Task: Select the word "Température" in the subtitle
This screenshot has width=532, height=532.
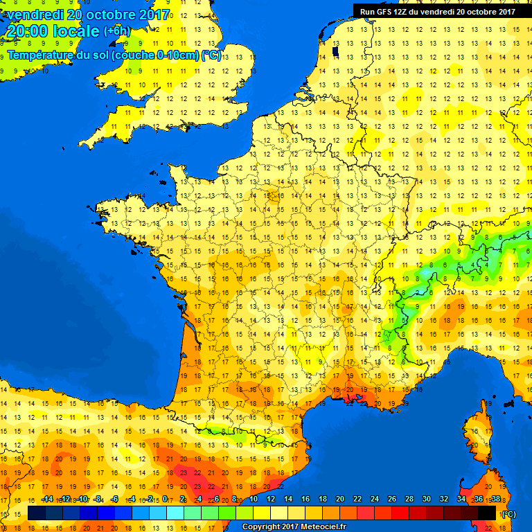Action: pos(40,55)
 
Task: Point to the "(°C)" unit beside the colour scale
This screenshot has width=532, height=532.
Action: pos(508,513)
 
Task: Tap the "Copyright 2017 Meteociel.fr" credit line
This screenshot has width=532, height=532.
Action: pos(294,526)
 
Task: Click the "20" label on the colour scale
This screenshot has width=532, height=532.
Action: pos(340,499)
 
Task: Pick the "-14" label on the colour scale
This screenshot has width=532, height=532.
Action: pos(47,499)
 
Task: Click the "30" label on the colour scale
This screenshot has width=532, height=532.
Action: pos(426,499)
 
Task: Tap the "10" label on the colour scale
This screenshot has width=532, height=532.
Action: pos(254,499)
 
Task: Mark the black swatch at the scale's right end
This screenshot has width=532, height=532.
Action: pos(486,513)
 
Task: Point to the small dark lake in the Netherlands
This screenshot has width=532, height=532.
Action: pos(335,51)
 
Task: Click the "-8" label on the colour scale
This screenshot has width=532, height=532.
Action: pos(99,499)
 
